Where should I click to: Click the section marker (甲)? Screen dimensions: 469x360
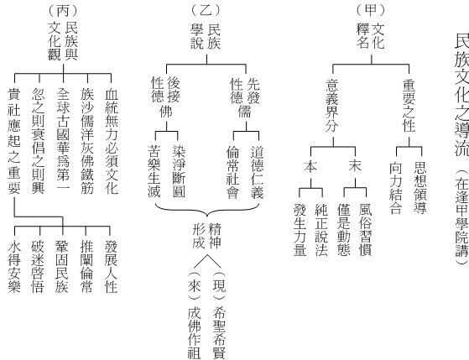(x=370, y=10)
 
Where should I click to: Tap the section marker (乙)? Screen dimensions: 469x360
(x=206, y=10)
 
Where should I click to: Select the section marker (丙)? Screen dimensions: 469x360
(x=63, y=11)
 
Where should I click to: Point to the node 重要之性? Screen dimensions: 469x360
(x=409, y=106)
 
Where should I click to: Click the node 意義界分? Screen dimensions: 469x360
(x=332, y=106)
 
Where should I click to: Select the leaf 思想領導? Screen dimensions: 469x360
(x=420, y=188)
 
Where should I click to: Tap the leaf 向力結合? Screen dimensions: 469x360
(x=396, y=188)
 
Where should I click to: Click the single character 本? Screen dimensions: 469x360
(x=310, y=166)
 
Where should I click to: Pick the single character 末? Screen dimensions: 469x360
(x=355, y=166)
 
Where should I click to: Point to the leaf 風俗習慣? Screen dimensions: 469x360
(x=366, y=230)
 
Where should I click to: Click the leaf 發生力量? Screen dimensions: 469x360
(x=300, y=230)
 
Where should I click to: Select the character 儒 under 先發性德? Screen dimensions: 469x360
(x=245, y=112)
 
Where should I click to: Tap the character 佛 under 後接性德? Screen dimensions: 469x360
(x=166, y=112)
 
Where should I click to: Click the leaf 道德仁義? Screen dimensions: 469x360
(x=258, y=172)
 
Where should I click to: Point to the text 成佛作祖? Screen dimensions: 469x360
(x=195, y=333)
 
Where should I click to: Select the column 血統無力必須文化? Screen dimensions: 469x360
(x=112, y=141)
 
